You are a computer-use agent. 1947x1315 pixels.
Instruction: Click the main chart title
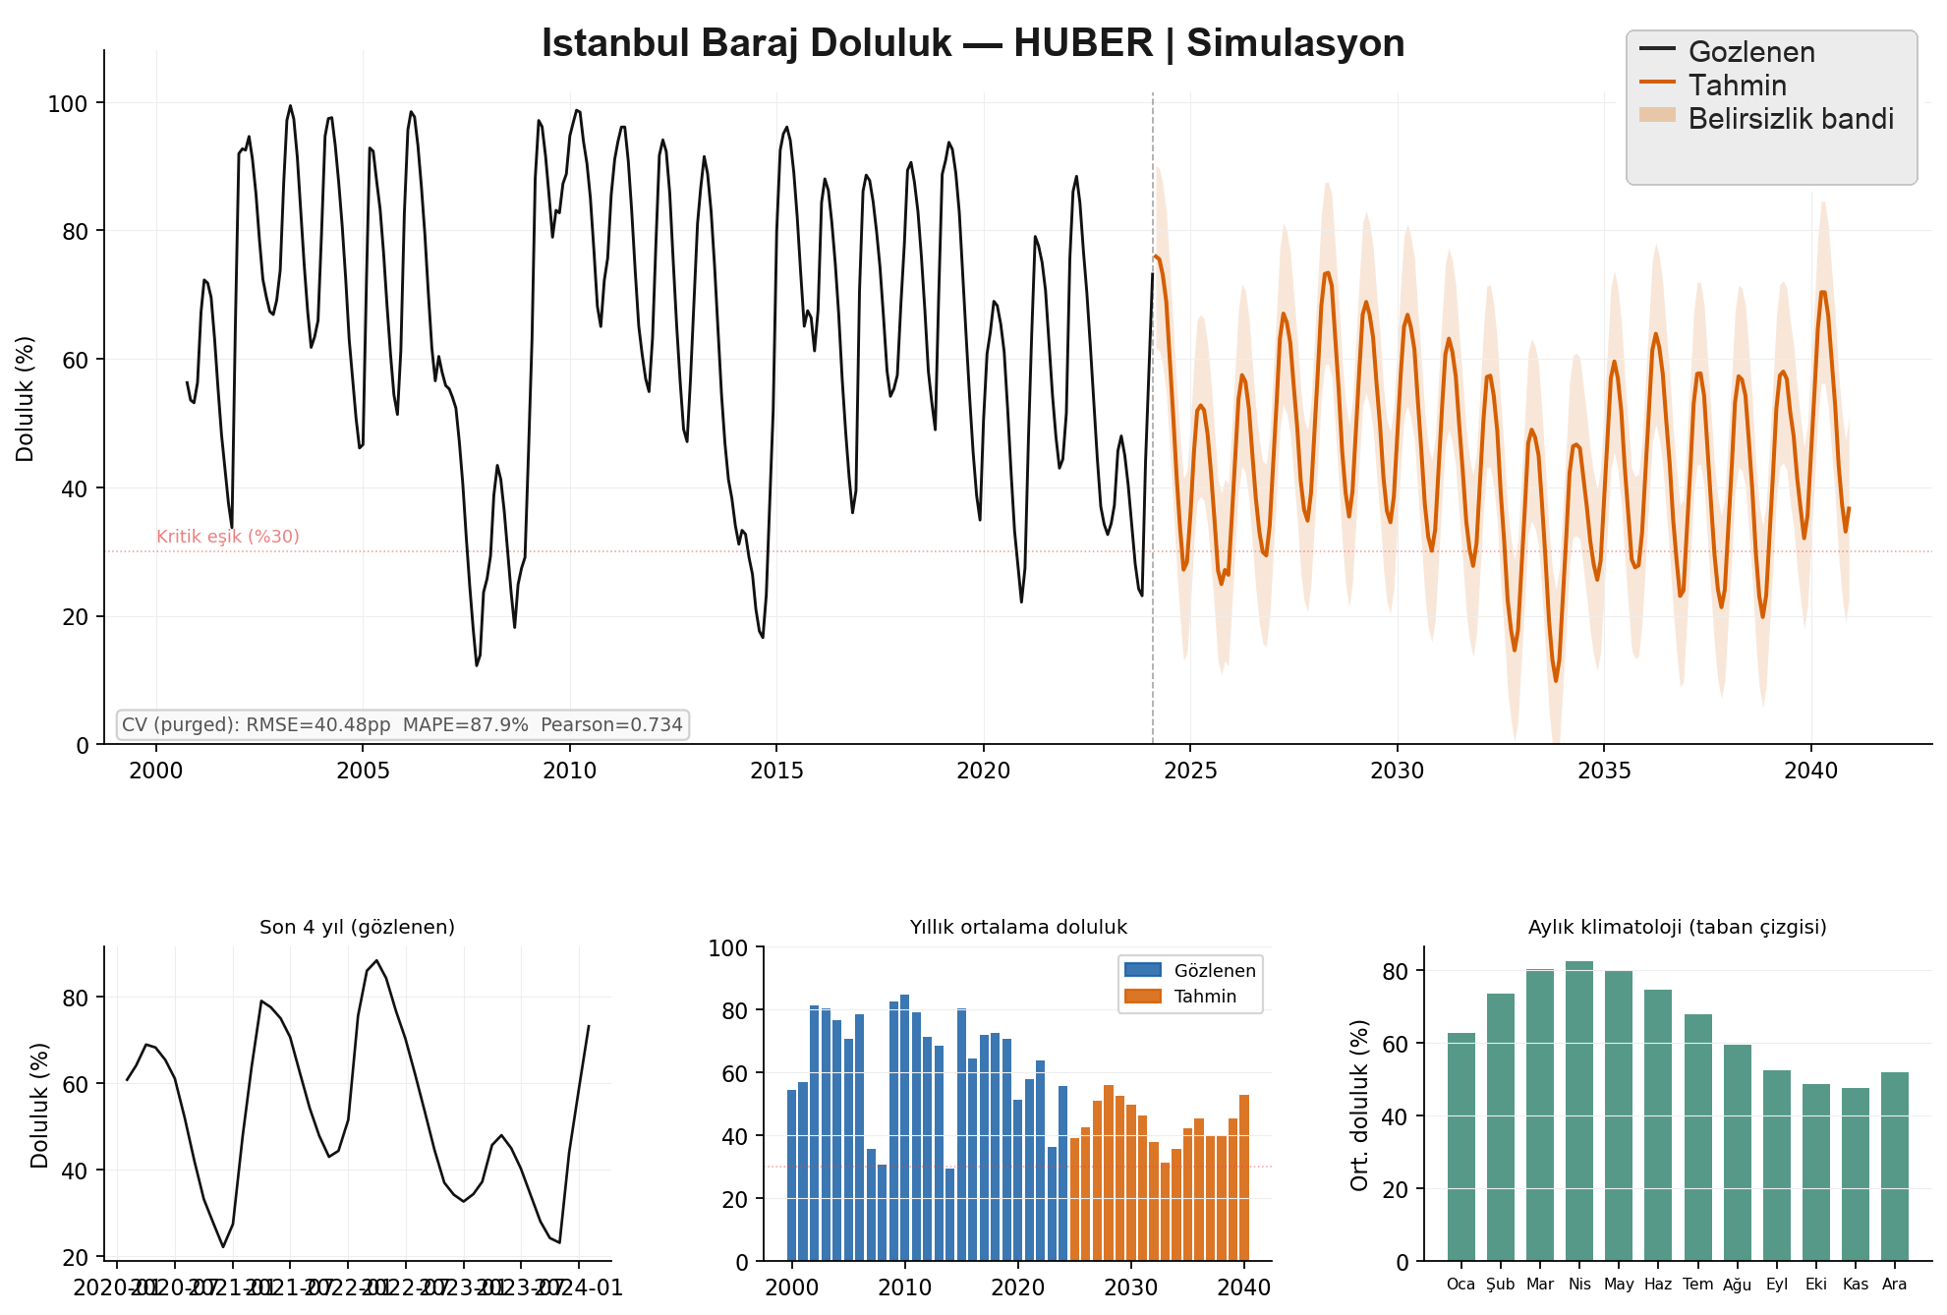tap(973, 44)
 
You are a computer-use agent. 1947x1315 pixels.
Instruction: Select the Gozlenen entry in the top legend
tap(1750, 52)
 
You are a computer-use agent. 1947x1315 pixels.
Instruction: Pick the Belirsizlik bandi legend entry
tap(1790, 119)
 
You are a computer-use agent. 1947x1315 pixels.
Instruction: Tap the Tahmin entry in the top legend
tap(1737, 86)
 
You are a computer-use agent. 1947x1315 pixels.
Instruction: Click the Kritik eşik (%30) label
tap(228, 537)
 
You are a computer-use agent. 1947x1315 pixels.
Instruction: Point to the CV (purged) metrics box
tap(402, 725)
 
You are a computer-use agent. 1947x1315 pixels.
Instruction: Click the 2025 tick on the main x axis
tap(1190, 771)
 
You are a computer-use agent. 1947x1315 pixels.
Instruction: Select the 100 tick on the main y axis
tap(68, 103)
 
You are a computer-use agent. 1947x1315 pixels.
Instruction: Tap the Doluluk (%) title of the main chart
tap(26, 399)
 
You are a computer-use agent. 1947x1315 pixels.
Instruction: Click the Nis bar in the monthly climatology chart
tap(1579, 1111)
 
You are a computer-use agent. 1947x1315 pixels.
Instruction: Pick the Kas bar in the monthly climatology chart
tap(1856, 1174)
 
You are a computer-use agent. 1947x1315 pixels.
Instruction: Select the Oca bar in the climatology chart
tap(1461, 1147)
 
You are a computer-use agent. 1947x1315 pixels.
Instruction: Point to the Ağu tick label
tap(1737, 1285)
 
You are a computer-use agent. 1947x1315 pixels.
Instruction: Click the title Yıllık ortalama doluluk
tap(1018, 927)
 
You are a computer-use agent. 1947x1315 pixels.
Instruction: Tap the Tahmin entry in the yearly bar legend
tap(1205, 997)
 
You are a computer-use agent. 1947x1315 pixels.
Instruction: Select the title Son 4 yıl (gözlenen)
tap(357, 927)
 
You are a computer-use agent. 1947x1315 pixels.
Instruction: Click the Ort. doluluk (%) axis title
tap(1360, 1105)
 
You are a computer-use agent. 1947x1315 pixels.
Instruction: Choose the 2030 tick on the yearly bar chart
tap(1131, 1287)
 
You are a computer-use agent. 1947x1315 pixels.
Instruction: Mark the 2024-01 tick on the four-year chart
tap(586, 1287)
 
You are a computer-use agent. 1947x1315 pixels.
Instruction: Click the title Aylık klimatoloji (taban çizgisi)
tap(1677, 927)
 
